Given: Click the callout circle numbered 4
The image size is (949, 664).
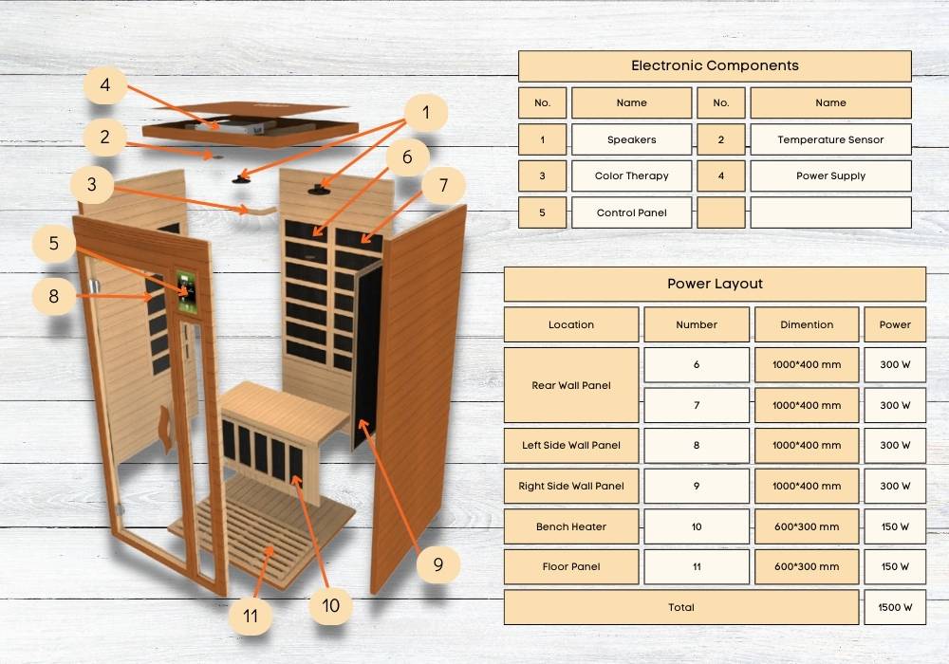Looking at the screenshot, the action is click(104, 84).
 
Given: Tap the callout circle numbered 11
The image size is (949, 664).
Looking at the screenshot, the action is click(251, 616).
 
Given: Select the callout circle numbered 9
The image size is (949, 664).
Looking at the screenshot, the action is click(438, 564).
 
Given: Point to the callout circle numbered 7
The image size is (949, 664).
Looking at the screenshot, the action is click(443, 184).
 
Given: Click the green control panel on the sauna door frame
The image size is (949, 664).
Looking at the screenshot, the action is click(186, 292).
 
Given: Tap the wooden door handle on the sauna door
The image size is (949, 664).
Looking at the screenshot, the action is click(164, 429).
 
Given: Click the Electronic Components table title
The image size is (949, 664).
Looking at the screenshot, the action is click(715, 65).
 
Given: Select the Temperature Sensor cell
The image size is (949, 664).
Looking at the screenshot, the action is click(830, 139).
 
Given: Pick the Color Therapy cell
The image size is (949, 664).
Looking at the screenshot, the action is click(631, 176).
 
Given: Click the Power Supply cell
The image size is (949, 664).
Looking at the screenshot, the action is click(830, 176).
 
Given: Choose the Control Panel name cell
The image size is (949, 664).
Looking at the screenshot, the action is click(631, 212).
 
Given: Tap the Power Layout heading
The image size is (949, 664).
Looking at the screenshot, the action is click(715, 284).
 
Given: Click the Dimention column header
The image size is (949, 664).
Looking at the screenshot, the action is click(806, 324).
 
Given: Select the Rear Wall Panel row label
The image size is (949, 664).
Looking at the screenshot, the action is click(570, 385).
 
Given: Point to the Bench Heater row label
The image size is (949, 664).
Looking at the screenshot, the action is click(570, 526).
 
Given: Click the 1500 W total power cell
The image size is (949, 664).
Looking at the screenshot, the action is click(895, 607).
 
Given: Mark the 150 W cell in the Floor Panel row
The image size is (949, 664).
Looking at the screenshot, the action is click(895, 566).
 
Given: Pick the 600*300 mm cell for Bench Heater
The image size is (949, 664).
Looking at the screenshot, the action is click(806, 526).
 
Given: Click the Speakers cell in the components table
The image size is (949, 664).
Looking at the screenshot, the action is click(631, 139).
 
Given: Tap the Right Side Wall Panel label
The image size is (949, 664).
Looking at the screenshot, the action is click(570, 486).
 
